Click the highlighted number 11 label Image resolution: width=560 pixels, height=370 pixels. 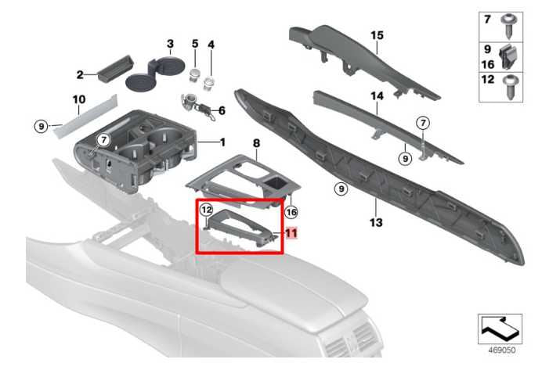(291, 232)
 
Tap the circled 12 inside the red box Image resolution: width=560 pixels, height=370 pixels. (207, 210)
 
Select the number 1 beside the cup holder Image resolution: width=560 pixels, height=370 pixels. (222, 142)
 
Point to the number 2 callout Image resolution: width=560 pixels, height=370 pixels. (79, 74)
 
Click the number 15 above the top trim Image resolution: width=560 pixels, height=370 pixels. (377, 35)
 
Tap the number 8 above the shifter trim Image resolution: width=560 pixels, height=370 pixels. (255, 143)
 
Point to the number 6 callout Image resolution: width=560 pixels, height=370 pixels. (222, 110)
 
